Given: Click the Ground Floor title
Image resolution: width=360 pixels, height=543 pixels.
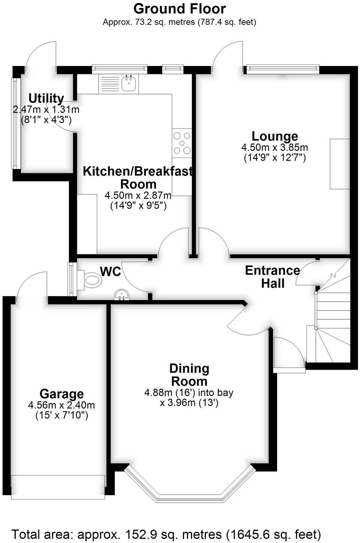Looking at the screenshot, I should pos(180,8).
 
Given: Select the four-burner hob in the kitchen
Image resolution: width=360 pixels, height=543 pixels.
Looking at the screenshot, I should pos(182,143).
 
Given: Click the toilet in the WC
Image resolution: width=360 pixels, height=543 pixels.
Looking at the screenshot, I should pos(90,280).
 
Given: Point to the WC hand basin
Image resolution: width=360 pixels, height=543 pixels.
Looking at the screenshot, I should pos(121,295).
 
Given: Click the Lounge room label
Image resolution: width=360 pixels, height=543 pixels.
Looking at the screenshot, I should pos(274,136).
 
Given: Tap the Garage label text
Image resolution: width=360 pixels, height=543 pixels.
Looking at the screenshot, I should pos(61,394).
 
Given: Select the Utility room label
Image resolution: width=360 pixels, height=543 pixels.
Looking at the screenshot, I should pos(46,98).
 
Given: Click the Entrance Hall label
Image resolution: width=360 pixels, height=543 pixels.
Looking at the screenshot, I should pos(273,277).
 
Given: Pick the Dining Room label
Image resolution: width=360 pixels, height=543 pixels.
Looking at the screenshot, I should pos(189,375).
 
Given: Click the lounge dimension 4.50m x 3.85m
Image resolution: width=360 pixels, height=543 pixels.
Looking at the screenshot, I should pos(274,147).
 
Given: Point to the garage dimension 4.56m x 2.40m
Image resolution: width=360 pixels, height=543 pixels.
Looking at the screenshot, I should pos(61,405).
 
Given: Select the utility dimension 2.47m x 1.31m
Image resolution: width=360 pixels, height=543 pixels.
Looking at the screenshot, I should pos(46,110).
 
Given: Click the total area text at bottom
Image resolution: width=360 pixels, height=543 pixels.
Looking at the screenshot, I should pos(166,534).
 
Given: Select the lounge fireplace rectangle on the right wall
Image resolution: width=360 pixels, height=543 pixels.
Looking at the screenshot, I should pos(340,164).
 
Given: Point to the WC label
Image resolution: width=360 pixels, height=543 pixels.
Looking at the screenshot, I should pos(111,271).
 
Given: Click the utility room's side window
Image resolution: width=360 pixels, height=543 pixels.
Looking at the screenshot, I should pos(15,123).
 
